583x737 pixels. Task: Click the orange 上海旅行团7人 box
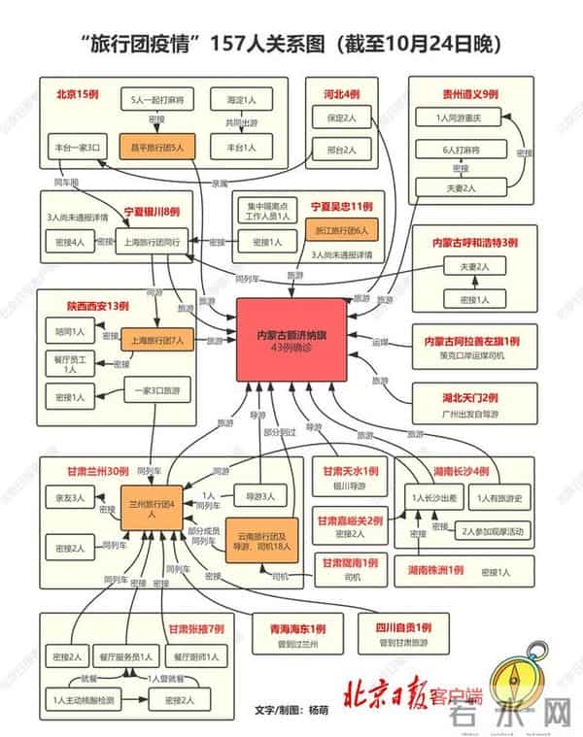pos(158,341)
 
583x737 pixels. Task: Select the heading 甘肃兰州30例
pos(98,471)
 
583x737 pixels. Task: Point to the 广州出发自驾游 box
pos(470,414)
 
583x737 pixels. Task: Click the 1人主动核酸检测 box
pos(84,698)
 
